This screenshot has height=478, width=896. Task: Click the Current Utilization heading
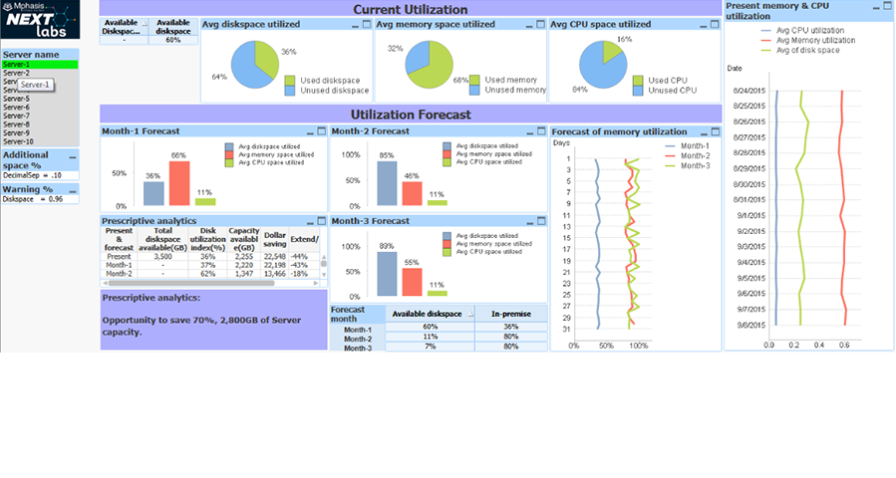[410, 9]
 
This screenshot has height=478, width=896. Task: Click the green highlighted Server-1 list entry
[40, 65]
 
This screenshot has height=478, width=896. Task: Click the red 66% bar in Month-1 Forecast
[178, 182]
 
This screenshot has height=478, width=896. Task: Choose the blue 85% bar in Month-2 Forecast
[386, 182]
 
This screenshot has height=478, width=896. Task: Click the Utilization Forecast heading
[410, 115]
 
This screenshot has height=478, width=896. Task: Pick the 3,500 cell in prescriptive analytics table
[163, 256]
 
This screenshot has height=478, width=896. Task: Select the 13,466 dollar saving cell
[274, 273]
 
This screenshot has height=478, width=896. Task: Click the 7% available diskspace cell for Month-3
[430, 347]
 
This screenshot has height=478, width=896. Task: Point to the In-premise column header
[510, 314]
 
